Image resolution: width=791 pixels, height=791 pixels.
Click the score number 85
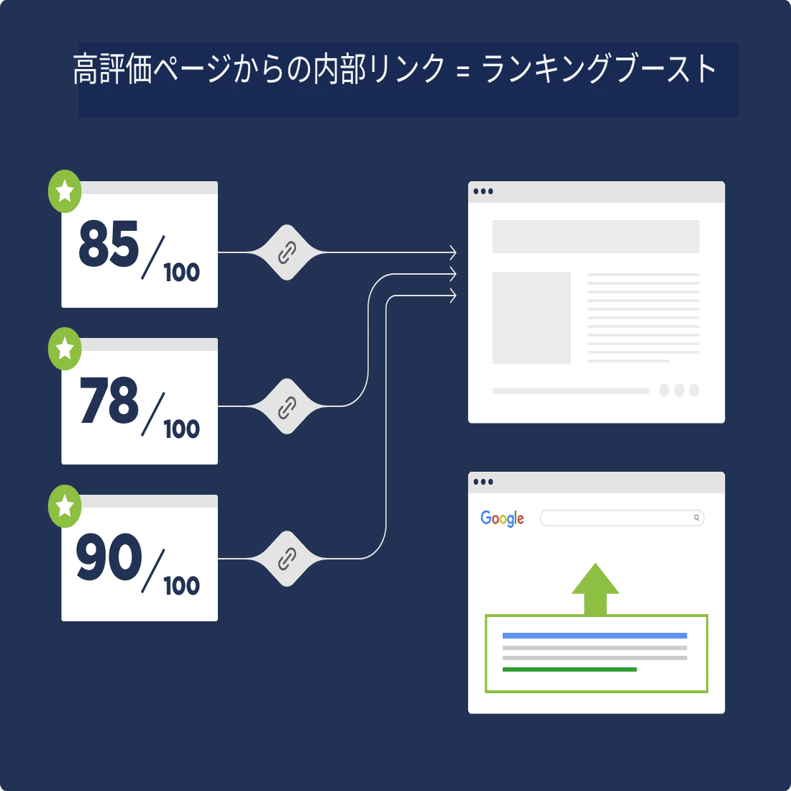[109, 244]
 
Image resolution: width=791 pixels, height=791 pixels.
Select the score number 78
[109, 401]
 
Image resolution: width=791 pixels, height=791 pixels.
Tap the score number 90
[109, 557]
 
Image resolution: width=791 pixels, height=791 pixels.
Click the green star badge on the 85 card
[65, 191]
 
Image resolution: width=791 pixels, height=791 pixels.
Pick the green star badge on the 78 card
[65, 349]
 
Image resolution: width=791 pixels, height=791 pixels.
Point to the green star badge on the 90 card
[65, 506]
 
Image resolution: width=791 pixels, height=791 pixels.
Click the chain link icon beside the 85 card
[287, 252]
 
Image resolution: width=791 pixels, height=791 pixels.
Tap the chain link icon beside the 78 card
[287, 407]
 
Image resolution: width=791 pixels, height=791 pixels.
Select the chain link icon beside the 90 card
[287, 559]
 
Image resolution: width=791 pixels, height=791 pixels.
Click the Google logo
[502, 518]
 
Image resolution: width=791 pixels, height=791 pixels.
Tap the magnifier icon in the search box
[696, 518]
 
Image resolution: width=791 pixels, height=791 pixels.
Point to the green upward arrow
[595, 590]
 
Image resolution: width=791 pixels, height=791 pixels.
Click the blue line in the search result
[595, 636]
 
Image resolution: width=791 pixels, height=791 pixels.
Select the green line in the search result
[570, 669]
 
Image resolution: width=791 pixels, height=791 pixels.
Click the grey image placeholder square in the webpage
[531, 317]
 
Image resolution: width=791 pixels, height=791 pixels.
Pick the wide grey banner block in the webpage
[595, 237]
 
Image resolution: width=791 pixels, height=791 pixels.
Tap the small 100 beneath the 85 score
[181, 273]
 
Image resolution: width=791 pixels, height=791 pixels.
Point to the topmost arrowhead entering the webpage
[452, 252]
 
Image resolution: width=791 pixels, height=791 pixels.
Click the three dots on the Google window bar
[483, 482]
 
